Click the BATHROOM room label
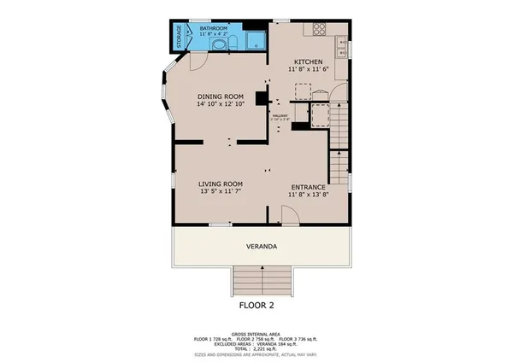213,28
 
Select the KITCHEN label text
308,62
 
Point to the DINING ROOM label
221,96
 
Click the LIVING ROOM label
221,184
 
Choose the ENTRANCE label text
308,187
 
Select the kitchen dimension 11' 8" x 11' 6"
308,70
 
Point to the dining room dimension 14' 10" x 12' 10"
221,104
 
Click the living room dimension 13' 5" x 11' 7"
221,192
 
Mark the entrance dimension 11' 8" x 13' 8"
308,195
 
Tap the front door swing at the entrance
289,219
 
